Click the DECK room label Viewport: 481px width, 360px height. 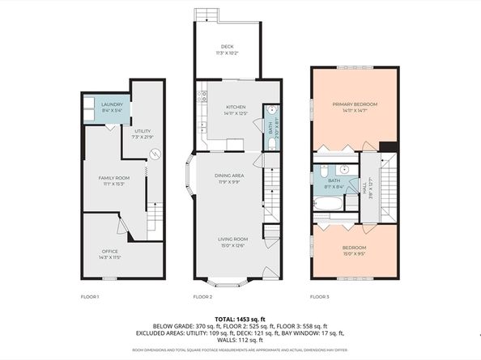tap(228, 47)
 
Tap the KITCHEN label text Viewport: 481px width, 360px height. tap(236, 107)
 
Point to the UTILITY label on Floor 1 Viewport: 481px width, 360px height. tap(143, 130)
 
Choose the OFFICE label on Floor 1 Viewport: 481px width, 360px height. tap(110, 252)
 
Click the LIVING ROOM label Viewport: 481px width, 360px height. tap(232, 239)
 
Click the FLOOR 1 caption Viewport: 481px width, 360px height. tap(90, 297)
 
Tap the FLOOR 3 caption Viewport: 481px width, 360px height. tap(321, 297)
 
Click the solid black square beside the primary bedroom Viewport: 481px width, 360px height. tap(389, 146)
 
